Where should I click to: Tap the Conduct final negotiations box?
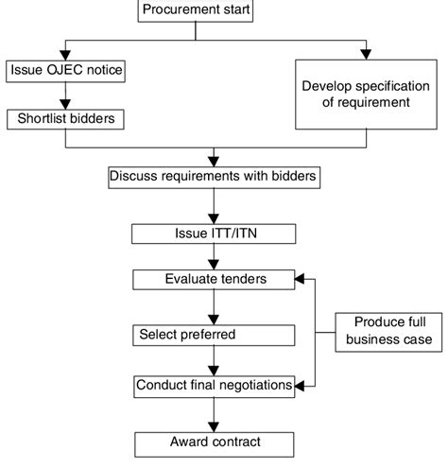click(215, 385)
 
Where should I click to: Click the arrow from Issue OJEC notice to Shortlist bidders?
click(65, 95)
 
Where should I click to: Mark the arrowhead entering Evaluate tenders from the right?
click(302, 280)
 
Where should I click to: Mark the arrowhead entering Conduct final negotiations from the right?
click(302, 385)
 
